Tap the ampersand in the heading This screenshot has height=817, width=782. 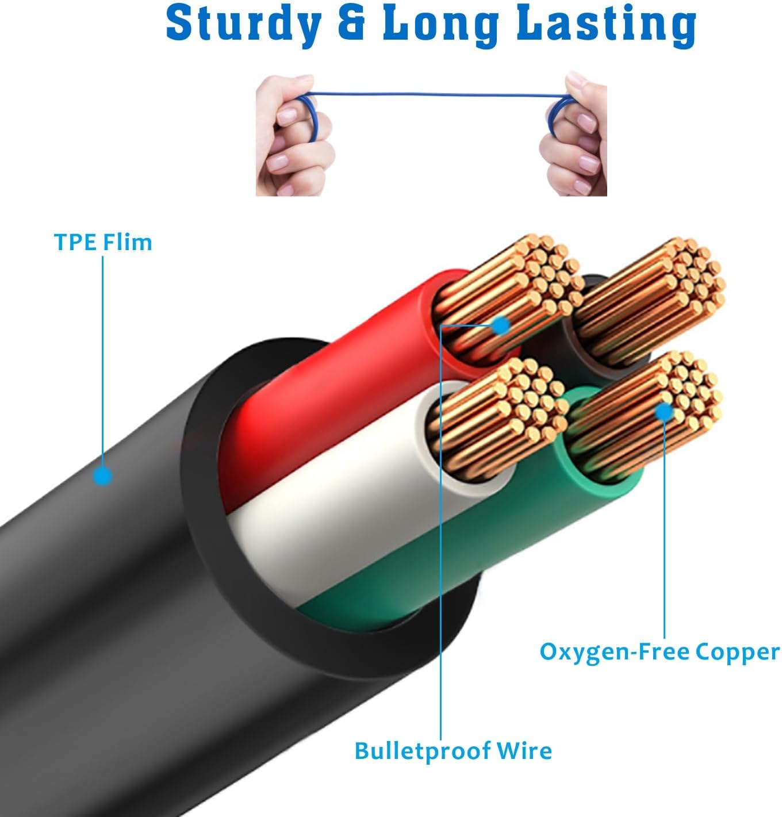(x=351, y=25)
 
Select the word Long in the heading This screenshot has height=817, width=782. (x=440, y=25)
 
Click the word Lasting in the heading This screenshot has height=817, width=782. (x=607, y=25)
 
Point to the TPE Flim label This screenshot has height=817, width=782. (x=103, y=242)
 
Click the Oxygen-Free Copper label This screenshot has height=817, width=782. (x=660, y=652)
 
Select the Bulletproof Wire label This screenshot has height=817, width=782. (x=453, y=751)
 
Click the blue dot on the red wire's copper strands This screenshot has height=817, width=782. (x=501, y=326)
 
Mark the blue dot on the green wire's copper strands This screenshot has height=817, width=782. (x=664, y=412)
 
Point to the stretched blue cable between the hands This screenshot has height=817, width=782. (x=431, y=94)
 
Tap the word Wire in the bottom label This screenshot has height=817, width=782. (x=524, y=751)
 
